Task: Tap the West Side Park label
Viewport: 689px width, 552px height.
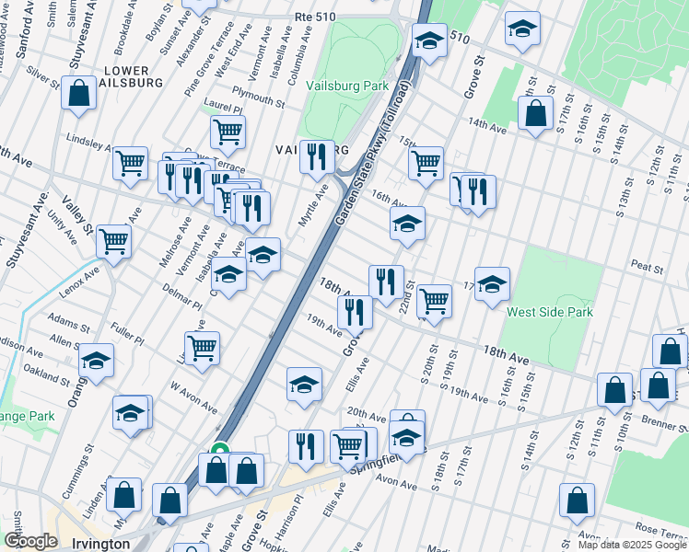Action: point(549,312)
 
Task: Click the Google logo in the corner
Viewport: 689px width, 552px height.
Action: point(30,541)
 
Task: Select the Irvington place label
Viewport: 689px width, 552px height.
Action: point(100,544)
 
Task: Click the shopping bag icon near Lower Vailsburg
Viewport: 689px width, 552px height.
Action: point(79,93)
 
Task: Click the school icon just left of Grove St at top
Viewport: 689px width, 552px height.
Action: point(429,40)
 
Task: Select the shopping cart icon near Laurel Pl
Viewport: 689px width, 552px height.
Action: point(228,131)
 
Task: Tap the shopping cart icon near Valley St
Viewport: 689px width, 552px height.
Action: point(114,241)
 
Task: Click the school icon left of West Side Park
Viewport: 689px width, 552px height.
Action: point(492,283)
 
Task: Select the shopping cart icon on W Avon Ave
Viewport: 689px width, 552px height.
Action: point(202,348)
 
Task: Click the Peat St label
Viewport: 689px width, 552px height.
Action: point(648,268)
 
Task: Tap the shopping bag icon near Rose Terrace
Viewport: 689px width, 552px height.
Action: point(577,500)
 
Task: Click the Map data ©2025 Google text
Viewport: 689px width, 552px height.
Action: point(631,545)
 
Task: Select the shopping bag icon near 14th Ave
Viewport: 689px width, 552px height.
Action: point(535,114)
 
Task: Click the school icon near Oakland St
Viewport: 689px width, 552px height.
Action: point(96,362)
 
